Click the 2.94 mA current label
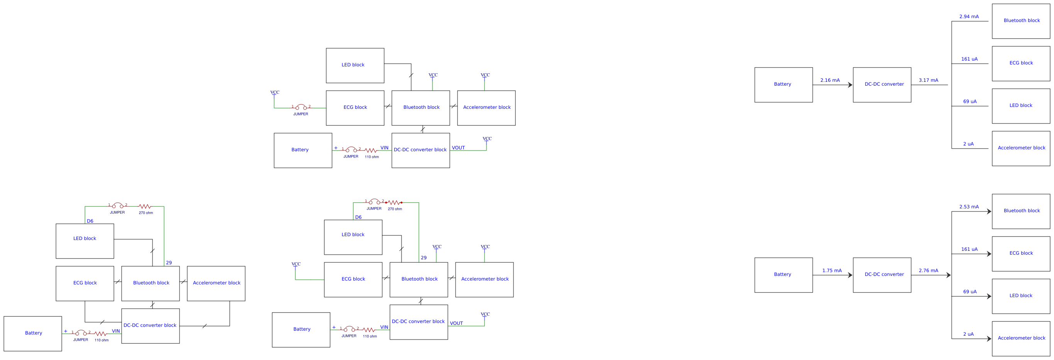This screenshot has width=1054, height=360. (969, 17)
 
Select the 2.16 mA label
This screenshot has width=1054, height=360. (830, 80)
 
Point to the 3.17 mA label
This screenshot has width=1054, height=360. (929, 80)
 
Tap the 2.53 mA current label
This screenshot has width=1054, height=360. (969, 207)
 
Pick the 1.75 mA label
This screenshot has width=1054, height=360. (832, 270)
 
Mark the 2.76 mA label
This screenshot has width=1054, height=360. (929, 270)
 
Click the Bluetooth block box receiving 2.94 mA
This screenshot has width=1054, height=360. (1021, 21)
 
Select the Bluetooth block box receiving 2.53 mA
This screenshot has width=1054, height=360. (1021, 211)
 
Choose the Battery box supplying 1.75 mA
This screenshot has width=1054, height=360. (783, 275)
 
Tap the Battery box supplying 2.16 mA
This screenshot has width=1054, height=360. (783, 85)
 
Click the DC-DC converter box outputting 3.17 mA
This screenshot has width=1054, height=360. (882, 85)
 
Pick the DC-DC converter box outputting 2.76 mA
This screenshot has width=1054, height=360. (882, 275)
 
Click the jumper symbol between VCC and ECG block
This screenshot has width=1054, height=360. (301, 108)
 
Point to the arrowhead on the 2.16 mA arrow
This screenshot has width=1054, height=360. (850, 85)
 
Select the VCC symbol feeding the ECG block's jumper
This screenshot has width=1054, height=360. (275, 93)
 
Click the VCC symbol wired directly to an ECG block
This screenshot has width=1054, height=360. (296, 265)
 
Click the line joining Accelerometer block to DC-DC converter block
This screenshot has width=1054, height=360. (205, 326)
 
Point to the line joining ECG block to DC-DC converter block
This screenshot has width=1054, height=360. (102, 322)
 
